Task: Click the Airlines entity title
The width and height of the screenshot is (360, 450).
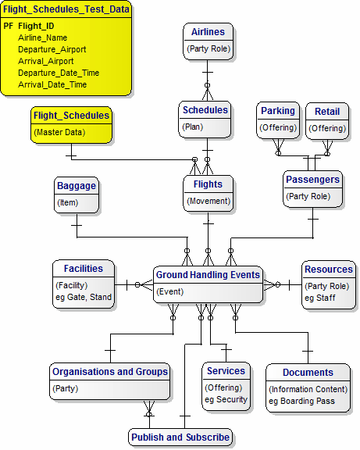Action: point(208,32)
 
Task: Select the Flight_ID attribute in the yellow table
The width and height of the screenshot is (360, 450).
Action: point(36,26)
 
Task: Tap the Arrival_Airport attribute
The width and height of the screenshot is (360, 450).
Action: point(46,61)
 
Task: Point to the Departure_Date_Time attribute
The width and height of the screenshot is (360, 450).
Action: point(59,73)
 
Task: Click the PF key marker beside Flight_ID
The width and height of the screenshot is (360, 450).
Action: point(9,26)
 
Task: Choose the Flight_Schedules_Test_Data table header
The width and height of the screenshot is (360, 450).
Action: point(66,9)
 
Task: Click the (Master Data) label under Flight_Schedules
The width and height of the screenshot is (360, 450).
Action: point(59,132)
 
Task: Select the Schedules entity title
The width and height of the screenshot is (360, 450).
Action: point(205,110)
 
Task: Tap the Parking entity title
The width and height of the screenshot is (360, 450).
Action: point(278,111)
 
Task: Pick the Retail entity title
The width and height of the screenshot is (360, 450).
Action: point(327,112)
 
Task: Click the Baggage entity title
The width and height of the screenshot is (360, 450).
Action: point(77,186)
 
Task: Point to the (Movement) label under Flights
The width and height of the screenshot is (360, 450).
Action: point(209,201)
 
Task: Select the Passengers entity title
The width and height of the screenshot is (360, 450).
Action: point(312,180)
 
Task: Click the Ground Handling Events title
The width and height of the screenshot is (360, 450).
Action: point(208,275)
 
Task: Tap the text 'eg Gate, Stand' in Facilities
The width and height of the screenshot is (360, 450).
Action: point(84,297)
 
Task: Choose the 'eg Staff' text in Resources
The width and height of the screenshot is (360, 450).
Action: point(320,298)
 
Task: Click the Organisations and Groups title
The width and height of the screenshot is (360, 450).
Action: point(110,372)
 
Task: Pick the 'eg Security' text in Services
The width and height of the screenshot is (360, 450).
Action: point(226,399)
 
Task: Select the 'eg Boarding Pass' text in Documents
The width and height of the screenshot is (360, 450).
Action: point(301,401)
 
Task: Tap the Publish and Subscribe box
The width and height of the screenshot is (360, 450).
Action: point(180,437)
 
